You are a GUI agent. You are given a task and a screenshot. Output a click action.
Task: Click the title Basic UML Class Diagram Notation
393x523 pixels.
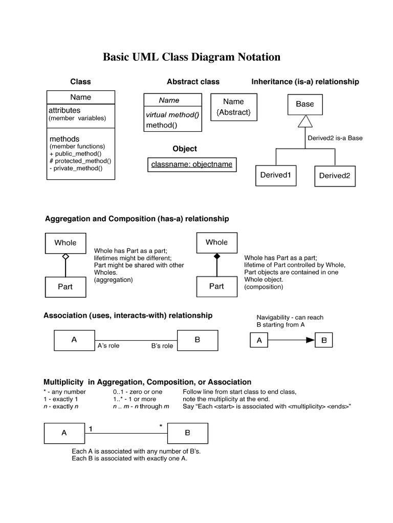[192, 57]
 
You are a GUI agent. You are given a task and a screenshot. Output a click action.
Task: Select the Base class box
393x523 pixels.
[304, 104]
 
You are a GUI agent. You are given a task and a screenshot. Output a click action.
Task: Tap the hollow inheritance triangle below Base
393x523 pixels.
[305, 121]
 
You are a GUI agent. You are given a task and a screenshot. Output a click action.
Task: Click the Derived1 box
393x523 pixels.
[275, 175]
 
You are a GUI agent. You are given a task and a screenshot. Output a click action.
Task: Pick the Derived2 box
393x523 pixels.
[335, 176]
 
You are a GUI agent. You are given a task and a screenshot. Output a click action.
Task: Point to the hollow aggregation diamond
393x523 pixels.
[65, 257]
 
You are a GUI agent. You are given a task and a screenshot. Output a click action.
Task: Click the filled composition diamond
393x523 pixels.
[216, 256]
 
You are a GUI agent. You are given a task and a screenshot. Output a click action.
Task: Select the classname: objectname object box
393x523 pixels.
[191, 164]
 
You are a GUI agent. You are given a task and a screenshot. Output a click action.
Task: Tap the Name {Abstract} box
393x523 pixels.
[233, 107]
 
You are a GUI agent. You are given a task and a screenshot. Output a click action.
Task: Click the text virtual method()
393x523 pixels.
[172, 115]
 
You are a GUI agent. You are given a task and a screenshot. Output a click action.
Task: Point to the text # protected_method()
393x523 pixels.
[80, 161]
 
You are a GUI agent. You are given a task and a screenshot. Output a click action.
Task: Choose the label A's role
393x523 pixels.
[108, 346]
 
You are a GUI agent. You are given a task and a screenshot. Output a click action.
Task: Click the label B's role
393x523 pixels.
[162, 346]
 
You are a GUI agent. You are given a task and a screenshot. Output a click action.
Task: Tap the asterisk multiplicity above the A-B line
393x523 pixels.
[161, 425]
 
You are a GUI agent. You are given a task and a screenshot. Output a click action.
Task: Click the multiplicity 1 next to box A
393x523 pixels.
[91, 429]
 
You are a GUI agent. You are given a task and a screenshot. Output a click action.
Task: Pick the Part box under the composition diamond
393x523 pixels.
[216, 287]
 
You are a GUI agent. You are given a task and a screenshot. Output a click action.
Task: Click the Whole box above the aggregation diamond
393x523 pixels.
[65, 243]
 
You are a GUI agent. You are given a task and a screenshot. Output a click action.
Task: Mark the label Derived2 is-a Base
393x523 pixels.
[335, 138]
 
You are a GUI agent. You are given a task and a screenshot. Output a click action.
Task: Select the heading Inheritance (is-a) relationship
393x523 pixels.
[305, 82]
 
